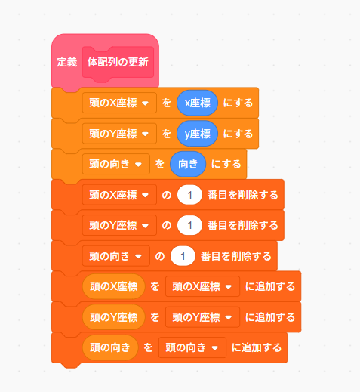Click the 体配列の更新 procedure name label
tap(118, 62)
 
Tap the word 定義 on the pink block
tap(67, 62)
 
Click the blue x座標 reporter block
tap(197, 103)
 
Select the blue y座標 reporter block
tap(197, 134)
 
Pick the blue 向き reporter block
tap(188, 164)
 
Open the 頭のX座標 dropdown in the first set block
tap(119, 103)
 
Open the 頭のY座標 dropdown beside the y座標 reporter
tap(119, 134)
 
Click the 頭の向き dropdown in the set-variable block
tap(116, 164)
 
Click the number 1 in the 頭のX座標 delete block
tap(189, 195)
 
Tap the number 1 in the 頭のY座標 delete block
tap(189, 225)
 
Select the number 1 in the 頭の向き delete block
tap(183, 256)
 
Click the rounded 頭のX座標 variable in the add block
tap(114, 286)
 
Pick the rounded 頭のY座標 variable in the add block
tap(114, 317)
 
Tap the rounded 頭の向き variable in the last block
tap(110, 347)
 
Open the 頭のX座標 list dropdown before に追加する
tap(202, 286)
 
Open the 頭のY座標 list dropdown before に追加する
tap(202, 317)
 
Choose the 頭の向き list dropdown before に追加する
tap(192, 347)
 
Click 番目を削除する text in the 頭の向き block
tap(236, 256)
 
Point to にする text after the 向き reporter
tap(226, 165)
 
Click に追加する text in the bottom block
tap(257, 348)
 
